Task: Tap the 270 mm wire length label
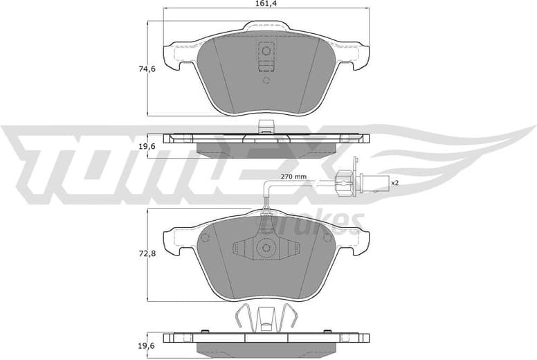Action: [x=293, y=177]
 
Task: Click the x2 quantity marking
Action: [x=395, y=183]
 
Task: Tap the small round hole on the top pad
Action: [x=266, y=80]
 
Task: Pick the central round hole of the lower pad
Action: [x=266, y=247]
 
